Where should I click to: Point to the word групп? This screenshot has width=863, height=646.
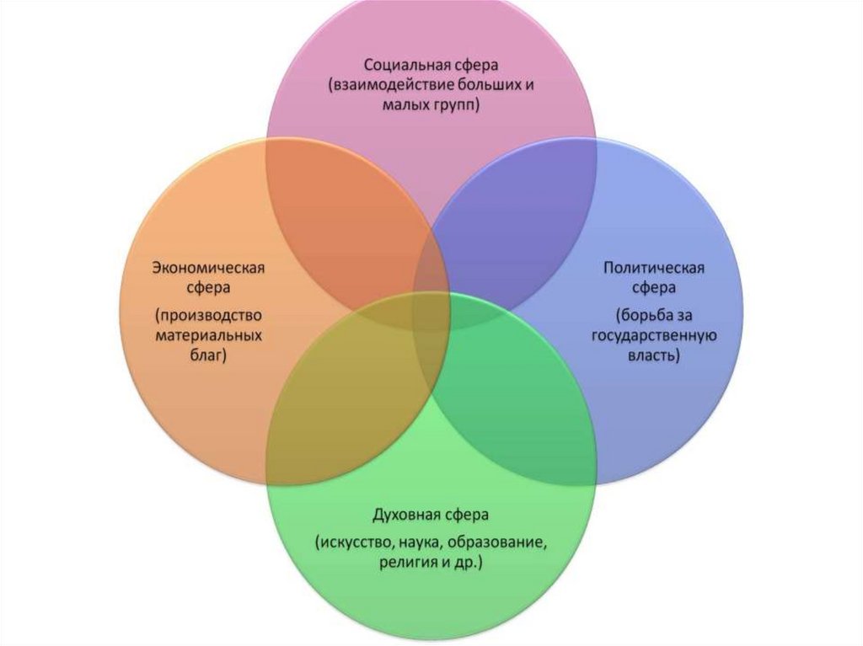pyautogui.click(x=453, y=107)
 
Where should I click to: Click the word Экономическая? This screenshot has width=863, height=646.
pyautogui.click(x=208, y=268)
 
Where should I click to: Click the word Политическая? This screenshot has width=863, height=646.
pyautogui.click(x=653, y=268)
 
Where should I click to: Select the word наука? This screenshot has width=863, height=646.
pyautogui.click(x=412, y=541)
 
